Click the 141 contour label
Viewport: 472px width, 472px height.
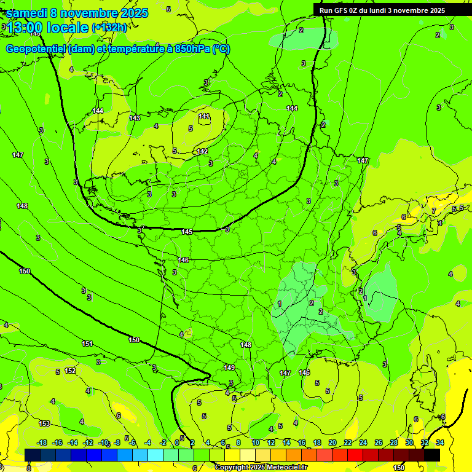tap(204, 116)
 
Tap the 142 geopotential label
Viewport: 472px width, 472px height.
tap(202, 151)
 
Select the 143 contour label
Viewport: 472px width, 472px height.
tap(135, 118)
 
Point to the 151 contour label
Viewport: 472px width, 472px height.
tap(87, 344)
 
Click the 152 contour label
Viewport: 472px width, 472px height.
tap(70, 371)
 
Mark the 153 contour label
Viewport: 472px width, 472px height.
tap(44, 423)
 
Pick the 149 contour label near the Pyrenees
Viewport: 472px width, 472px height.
tap(229, 368)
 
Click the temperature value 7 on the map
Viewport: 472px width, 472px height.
tap(433, 211)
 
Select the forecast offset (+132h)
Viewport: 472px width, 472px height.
tap(109, 28)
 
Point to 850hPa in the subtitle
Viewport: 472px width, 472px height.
tap(191, 49)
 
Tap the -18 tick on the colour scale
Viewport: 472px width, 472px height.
tap(42, 442)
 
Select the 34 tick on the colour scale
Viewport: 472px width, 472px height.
tap(440, 442)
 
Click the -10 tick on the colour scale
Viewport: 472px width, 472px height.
tap(103, 442)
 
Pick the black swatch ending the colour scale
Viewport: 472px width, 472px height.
tap(432, 455)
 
